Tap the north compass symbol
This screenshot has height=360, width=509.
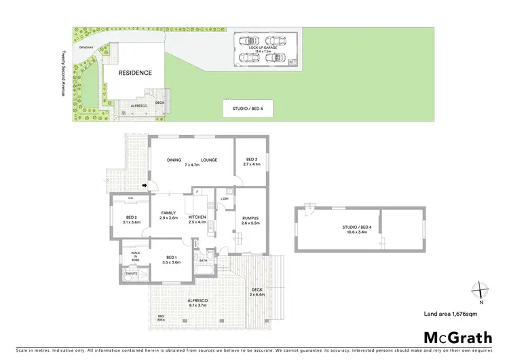point(481,291)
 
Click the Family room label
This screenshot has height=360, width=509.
point(168,215)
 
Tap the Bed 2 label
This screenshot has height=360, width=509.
point(131,219)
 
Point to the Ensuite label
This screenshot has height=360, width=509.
point(128,274)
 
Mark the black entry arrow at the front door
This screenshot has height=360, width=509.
point(144,184)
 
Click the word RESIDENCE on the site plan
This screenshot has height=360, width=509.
point(135,73)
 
